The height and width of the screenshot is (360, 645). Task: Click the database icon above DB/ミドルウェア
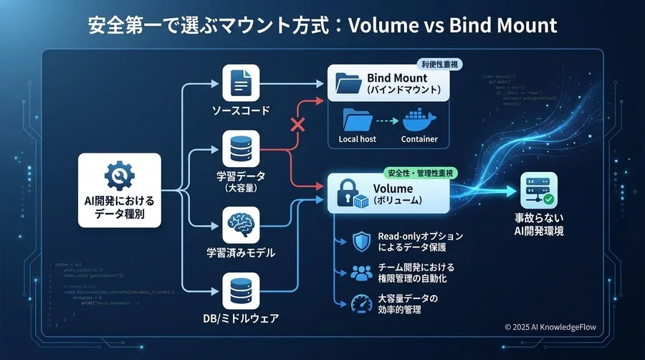pos(240,292)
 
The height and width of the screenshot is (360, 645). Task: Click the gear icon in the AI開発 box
pos(120,174)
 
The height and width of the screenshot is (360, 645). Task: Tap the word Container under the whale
pos(419,139)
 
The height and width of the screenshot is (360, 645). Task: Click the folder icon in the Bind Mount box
pos(347,85)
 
